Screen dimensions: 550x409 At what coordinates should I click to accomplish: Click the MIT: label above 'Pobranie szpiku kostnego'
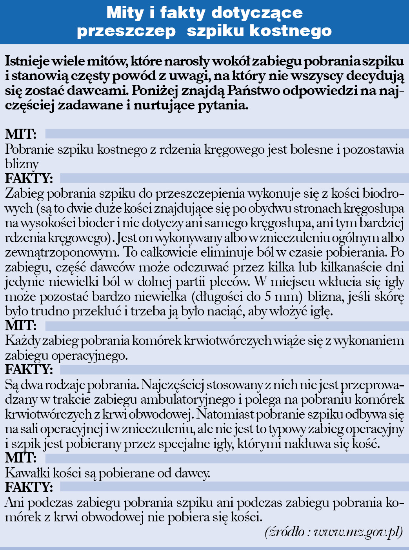coord(21,134)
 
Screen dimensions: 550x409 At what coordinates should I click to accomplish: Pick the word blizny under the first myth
coord(22,164)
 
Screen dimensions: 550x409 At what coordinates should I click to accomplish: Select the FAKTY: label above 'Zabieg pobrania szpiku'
coord(29,178)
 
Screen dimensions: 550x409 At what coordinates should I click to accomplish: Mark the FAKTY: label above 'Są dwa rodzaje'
coord(29,370)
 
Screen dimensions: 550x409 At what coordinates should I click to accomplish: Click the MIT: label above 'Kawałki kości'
coord(21,458)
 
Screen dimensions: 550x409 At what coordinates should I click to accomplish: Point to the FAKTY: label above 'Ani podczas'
coord(29,487)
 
